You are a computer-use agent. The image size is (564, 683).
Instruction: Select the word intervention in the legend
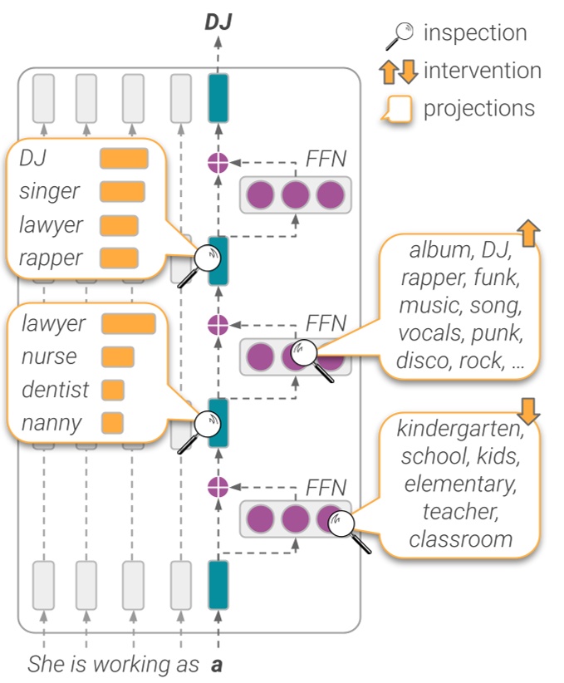(x=482, y=71)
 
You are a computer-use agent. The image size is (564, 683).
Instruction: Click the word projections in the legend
(x=479, y=108)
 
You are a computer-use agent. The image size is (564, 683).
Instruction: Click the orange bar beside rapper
(x=118, y=258)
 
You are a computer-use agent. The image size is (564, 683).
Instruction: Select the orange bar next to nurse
(x=117, y=356)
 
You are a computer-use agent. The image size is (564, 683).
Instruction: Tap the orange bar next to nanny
(x=112, y=422)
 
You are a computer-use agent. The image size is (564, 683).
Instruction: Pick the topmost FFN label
(x=326, y=158)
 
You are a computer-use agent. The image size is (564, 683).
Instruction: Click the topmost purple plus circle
(x=218, y=163)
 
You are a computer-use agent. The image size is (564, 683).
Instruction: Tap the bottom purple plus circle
(x=218, y=487)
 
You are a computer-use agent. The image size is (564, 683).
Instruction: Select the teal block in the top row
(x=218, y=98)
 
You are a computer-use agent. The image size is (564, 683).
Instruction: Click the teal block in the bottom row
(x=218, y=584)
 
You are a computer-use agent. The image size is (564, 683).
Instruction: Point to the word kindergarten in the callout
(x=459, y=429)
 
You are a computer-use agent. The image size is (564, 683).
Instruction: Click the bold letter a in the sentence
(x=217, y=665)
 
